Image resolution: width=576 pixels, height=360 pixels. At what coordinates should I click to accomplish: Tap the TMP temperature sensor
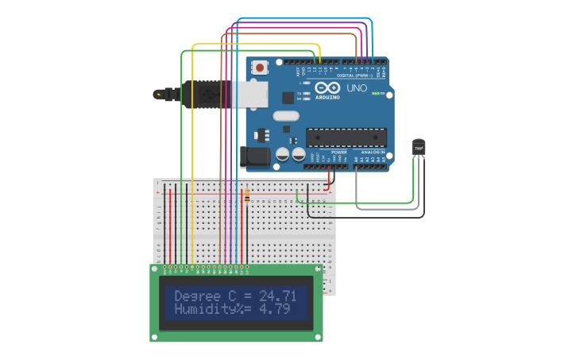pyautogui.click(x=418, y=148)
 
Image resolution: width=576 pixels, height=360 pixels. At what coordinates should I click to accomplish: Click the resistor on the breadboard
pyautogui.click(x=247, y=195)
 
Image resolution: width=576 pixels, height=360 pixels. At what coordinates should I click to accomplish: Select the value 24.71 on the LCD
pyautogui.click(x=278, y=296)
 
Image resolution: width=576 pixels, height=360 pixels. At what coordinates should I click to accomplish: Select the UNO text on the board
pyautogui.click(x=358, y=87)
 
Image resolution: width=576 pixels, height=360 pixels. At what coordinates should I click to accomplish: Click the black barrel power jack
pyautogui.click(x=256, y=156)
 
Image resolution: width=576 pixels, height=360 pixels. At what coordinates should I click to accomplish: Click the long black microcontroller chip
pyautogui.click(x=346, y=137)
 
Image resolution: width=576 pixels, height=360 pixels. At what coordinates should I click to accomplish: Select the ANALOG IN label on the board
pyautogui.click(x=372, y=152)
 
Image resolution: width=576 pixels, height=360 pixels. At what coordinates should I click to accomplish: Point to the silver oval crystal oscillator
pyautogui.click(x=286, y=116)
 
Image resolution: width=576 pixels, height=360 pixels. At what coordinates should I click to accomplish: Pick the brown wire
pyautogui.click(x=220, y=159)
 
